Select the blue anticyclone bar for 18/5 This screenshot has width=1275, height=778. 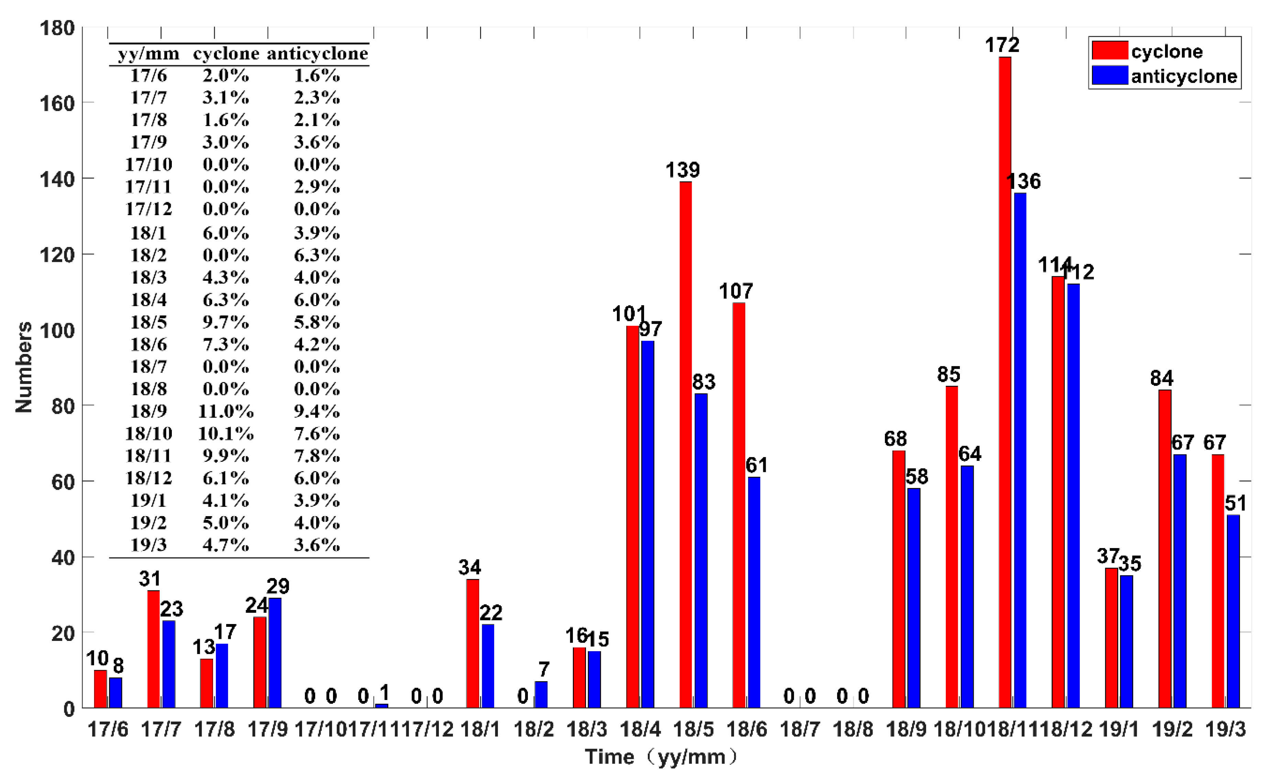[x=701, y=551]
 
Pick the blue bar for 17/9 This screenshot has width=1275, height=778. [x=275, y=653]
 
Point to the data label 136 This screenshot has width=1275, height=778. [x=1023, y=181]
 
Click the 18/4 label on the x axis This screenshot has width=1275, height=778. [x=640, y=729]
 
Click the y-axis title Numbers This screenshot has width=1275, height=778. [x=23, y=367]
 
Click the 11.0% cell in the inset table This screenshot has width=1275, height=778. [x=225, y=411]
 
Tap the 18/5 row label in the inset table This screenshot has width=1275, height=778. [x=148, y=322]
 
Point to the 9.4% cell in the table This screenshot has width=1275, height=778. [x=317, y=411]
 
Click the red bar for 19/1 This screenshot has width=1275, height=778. [x=1111, y=637]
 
